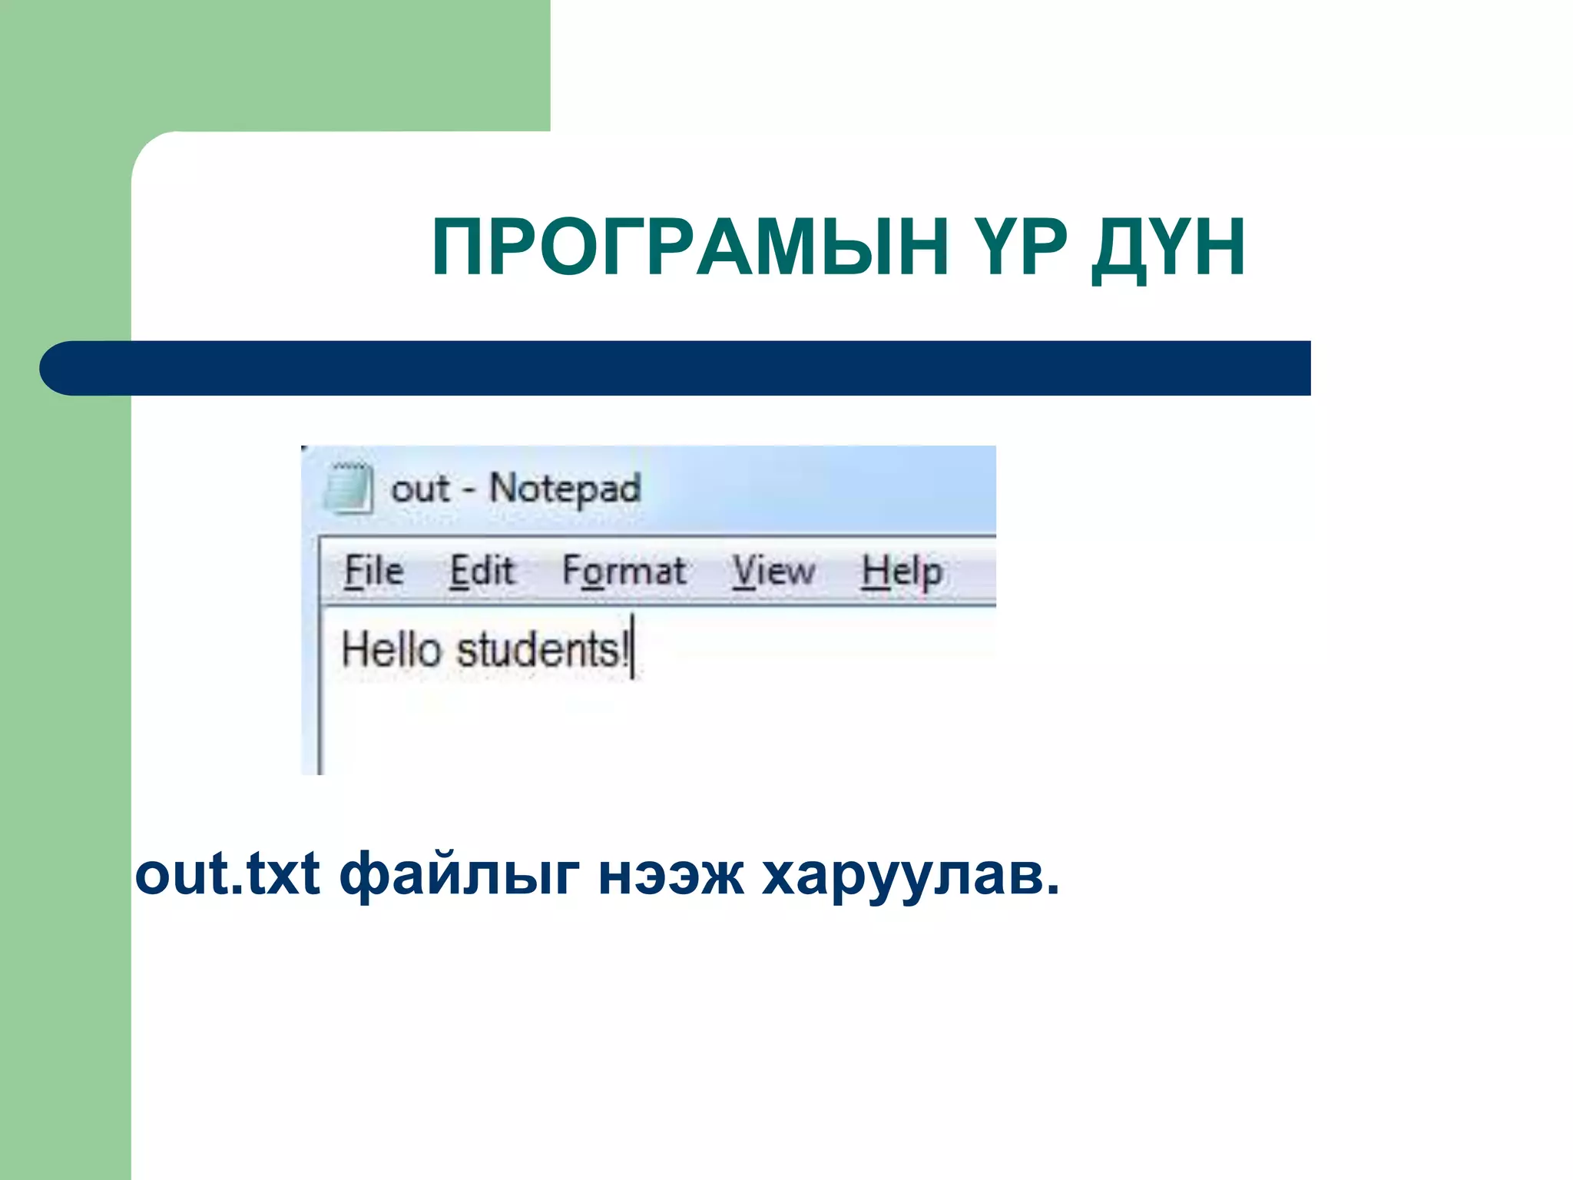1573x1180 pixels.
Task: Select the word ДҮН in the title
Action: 1168,248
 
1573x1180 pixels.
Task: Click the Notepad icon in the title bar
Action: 348,488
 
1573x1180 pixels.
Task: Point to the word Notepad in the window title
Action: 565,489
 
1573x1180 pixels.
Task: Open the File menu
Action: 373,571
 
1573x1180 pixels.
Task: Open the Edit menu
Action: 482,571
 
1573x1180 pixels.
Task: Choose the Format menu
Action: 624,572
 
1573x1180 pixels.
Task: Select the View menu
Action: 773,572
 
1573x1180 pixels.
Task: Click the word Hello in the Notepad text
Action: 390,649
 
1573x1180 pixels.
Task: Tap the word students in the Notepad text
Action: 539,650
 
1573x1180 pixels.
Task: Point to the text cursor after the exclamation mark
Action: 633,647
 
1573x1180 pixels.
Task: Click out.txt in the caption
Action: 227,874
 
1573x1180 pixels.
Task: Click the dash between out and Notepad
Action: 469,490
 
